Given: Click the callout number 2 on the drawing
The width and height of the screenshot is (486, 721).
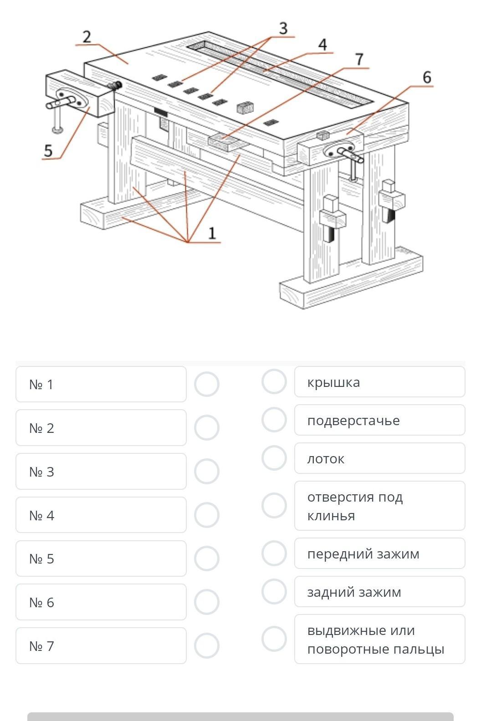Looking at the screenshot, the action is (87, 37).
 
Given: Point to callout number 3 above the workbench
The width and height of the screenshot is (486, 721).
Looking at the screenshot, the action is (283, 28).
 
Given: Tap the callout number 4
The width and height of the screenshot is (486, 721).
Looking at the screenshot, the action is (322, 45).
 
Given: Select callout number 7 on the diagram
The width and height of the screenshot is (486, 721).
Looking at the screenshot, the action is (359, 59).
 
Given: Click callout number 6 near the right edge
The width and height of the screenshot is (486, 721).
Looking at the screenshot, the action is (427, 77).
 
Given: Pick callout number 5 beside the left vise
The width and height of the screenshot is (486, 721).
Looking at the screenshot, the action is (48, 151).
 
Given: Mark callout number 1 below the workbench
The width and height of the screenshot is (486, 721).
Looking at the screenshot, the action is (212, 233).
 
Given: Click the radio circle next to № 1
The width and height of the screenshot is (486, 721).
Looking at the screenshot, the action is (207, 384).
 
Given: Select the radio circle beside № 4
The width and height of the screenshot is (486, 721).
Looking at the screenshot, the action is (207, 515).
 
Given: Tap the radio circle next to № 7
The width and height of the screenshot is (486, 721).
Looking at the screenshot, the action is (207, 645).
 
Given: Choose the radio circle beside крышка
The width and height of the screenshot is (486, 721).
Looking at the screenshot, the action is (274, 381).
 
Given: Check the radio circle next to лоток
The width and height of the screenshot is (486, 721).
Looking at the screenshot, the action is (274, 458).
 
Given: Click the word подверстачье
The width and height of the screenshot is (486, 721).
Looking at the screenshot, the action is (353, 421).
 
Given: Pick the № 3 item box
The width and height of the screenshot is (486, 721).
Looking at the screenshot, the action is (101, 471).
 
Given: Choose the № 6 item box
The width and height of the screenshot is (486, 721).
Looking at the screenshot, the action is (101, 602).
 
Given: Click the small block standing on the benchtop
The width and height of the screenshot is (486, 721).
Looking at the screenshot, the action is (245, 108).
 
